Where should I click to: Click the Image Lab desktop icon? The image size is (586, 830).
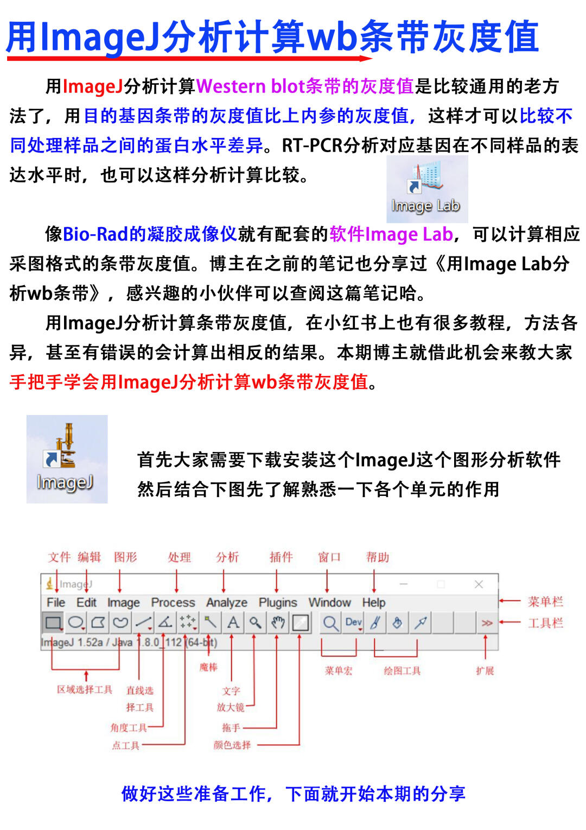[x=426, y=188]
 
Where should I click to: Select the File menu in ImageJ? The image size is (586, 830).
[x=55, y=602]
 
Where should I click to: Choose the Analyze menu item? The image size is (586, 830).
[x=226, y=602]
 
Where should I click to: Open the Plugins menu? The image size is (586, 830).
[x=277, y=602]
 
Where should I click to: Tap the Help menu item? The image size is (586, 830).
[x=373, y=602]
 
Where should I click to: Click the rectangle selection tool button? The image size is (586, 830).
[x=53, y=622]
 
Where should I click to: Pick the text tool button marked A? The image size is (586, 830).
[x=233, y=622]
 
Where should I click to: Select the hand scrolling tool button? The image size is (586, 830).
[x=278, y=622]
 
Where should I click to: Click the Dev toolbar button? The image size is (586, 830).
[x=353, y=622]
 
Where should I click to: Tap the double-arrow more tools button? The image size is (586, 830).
[x=487, y=622]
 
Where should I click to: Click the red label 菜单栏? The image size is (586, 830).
[x=545, y=601]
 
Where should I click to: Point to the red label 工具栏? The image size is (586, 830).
[x=545, y=623]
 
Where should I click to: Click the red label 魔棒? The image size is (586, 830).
[x=208, y=667]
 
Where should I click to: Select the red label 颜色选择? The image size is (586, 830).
[x=232, y=745]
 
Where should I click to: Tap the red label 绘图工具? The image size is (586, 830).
[x=402, y=671]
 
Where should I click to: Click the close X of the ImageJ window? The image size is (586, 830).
[x=478, y=584]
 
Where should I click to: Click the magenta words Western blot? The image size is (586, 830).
[x=250, y=86]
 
